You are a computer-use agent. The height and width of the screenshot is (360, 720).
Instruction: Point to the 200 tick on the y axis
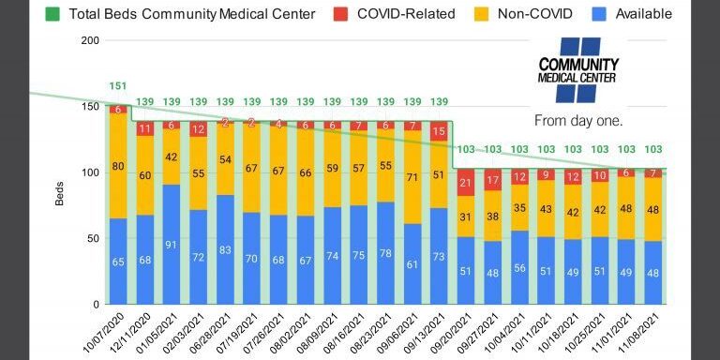coord(90,40)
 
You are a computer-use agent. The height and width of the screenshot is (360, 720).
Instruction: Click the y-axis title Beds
coord(59,192)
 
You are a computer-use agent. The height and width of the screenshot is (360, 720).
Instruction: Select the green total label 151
coord(118,87)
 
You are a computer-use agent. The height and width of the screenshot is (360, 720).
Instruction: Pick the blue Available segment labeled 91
coord(172,245)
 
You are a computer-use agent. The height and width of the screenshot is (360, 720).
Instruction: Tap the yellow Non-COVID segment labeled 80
coord(118,167)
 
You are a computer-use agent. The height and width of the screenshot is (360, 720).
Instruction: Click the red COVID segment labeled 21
coord(465,182)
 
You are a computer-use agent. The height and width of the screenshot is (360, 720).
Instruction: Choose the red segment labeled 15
coord(438,132)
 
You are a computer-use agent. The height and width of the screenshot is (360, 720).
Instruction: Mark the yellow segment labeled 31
coord(465,217)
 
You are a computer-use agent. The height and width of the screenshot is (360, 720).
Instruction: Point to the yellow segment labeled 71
coord(412,177)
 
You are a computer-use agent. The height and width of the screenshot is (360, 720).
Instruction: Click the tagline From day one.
coord(578,121)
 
